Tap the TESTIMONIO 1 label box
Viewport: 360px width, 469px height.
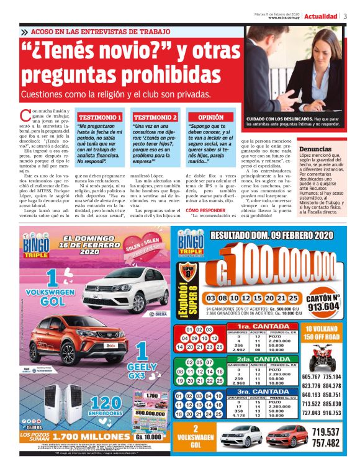point(100,117)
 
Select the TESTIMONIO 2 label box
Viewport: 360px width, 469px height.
point(155,117)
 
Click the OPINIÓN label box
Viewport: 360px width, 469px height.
point(210,117)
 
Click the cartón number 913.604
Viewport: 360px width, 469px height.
point(323,306)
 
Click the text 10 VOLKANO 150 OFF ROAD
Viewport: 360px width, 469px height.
point(321,332)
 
